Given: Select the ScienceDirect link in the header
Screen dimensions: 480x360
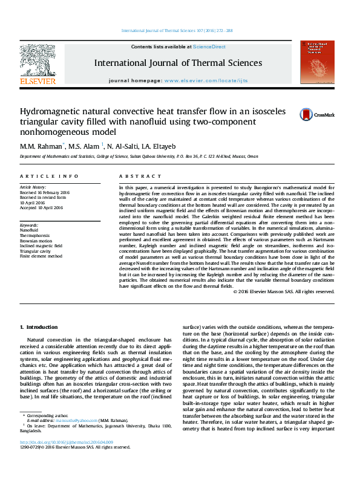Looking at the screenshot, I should click(209, 47).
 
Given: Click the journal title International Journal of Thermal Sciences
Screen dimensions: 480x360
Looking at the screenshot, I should click(178, 63).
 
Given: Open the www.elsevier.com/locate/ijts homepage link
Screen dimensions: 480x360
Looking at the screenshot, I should click(206, 80).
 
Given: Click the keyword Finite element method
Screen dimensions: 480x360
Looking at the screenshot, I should click(41, 256).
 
